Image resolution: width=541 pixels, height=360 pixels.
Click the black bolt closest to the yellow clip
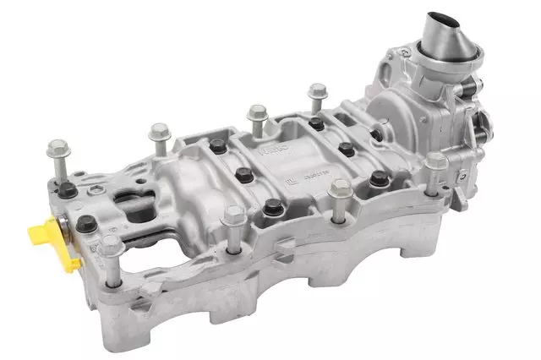point(87,225)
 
